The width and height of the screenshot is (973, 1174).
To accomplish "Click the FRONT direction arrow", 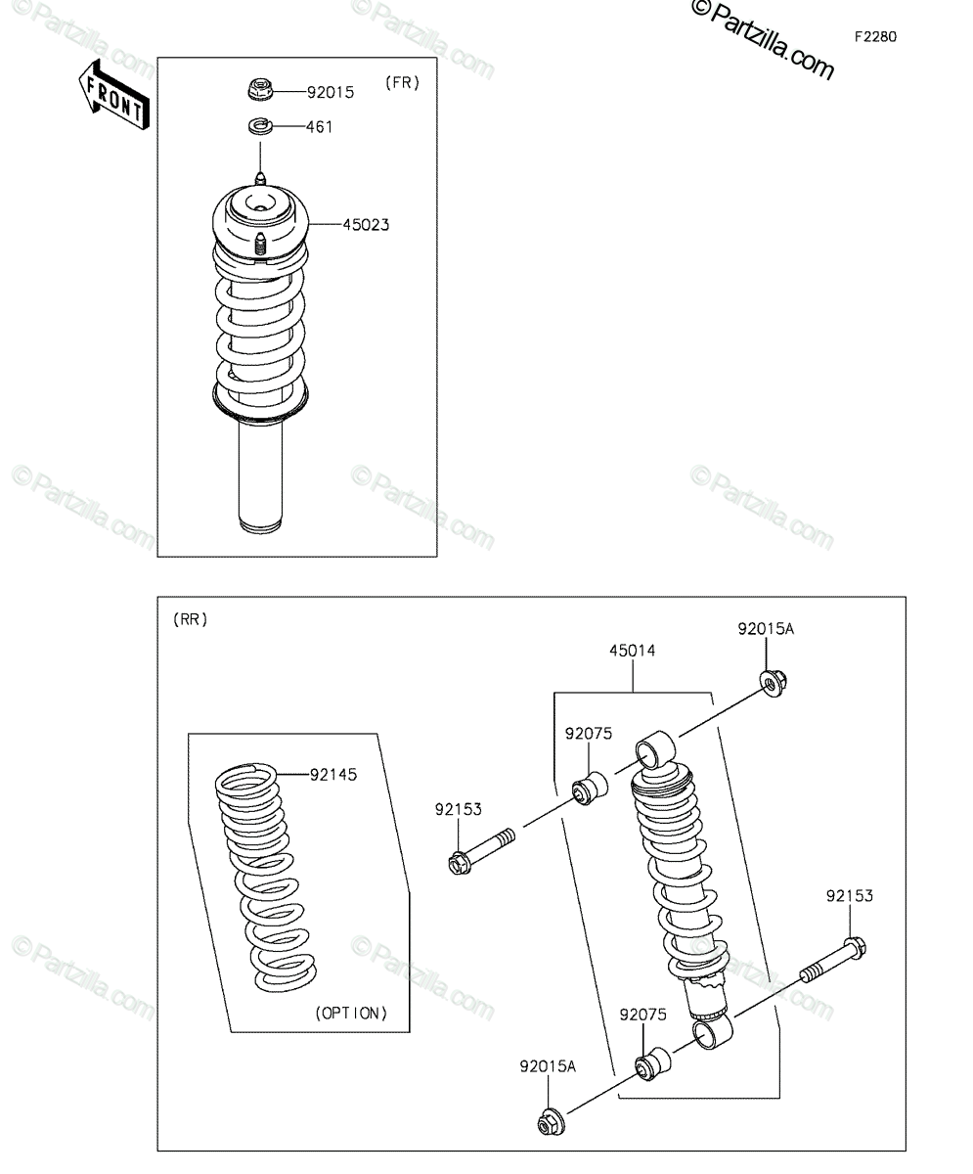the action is point(114,95).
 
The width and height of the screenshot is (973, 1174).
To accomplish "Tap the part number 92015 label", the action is point(331,93).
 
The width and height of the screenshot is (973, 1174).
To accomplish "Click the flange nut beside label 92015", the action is point(260,89).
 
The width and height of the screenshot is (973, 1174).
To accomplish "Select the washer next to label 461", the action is point(260,126).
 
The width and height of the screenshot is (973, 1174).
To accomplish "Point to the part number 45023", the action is point(366,225).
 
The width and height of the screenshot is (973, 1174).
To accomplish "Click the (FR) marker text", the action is point(403,83).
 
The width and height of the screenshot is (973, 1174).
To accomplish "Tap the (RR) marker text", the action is point(191,619).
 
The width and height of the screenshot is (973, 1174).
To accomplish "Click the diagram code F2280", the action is point(876,37).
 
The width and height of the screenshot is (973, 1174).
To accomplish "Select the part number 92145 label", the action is point(333,775).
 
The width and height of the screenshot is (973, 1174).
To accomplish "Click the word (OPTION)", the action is point(351,1014).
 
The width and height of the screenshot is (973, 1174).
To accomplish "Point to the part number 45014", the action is point(633,651).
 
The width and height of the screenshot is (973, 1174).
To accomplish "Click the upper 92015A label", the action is point(766,629).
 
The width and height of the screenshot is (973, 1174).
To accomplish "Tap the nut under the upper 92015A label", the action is point(774,684).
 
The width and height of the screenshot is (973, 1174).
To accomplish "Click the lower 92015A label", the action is point(548,1066).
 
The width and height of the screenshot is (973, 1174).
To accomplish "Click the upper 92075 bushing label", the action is point(589,734).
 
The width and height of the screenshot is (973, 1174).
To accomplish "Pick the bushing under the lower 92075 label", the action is point(652,1063).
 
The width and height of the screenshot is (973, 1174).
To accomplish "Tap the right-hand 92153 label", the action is point(850,896).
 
